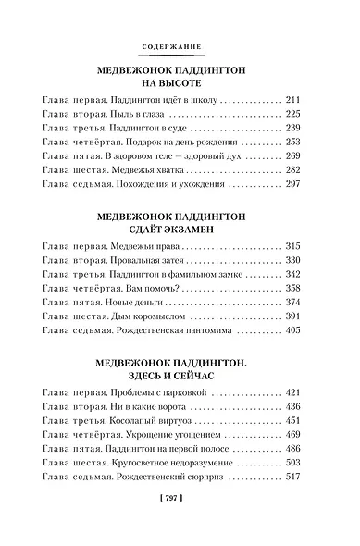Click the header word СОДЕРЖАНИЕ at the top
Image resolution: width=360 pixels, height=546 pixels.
[x=179, y=46]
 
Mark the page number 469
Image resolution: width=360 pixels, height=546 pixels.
[x=295, y=433]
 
